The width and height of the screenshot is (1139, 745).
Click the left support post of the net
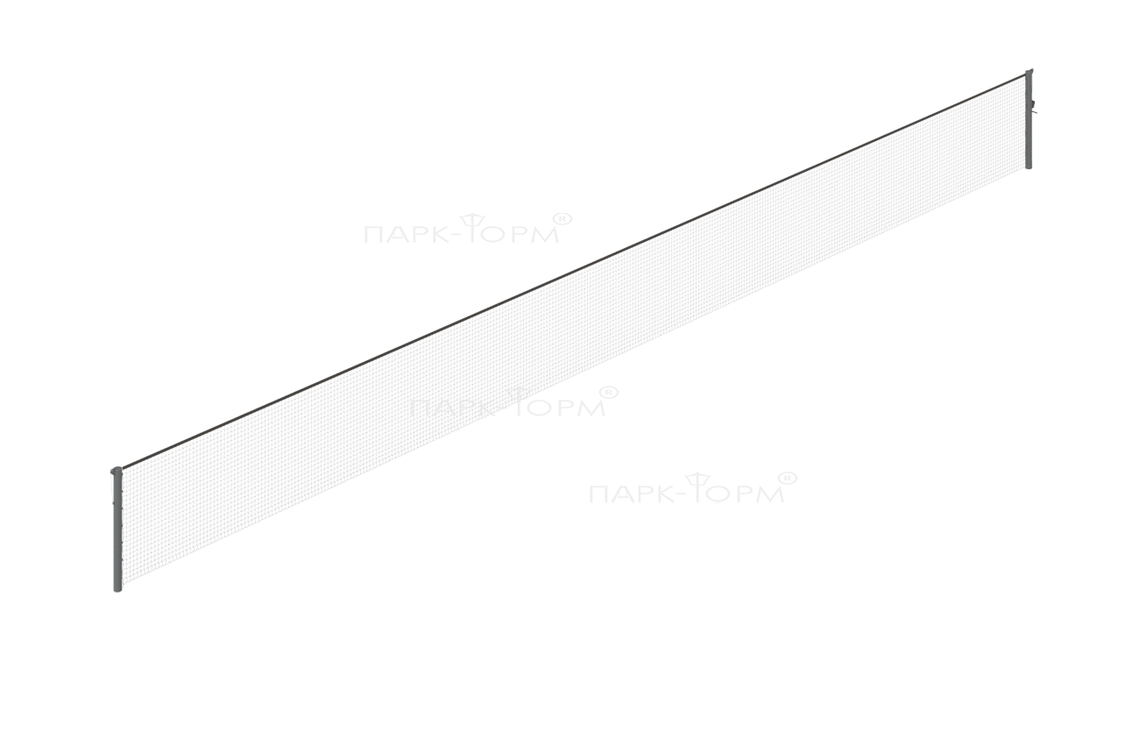click(x=117, y=529)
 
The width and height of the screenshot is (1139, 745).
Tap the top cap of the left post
click(x=117, y=469)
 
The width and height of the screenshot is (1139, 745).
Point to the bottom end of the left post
click(x=117, y=591)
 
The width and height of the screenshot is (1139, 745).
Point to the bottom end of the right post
click(x=1029, y=167)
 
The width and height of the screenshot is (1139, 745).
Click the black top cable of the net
click(x=574, y=271)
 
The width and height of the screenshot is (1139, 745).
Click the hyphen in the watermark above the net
click(x=452, y=236)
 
